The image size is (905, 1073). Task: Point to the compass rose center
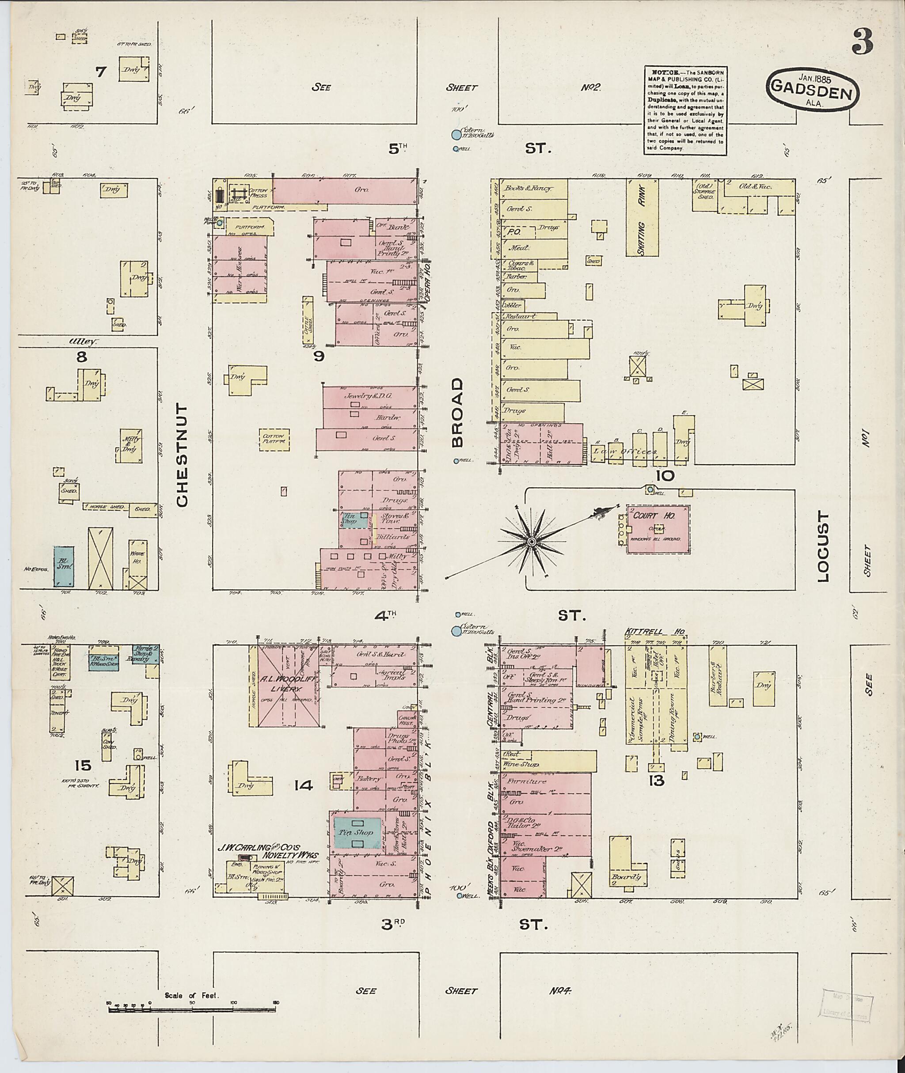pos(532,542)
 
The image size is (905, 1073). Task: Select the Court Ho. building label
pos(646,516)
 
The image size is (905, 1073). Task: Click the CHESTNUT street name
pos(183,455)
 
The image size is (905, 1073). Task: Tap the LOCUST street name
pos(823,546)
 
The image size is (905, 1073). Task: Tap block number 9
pos(319,356)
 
